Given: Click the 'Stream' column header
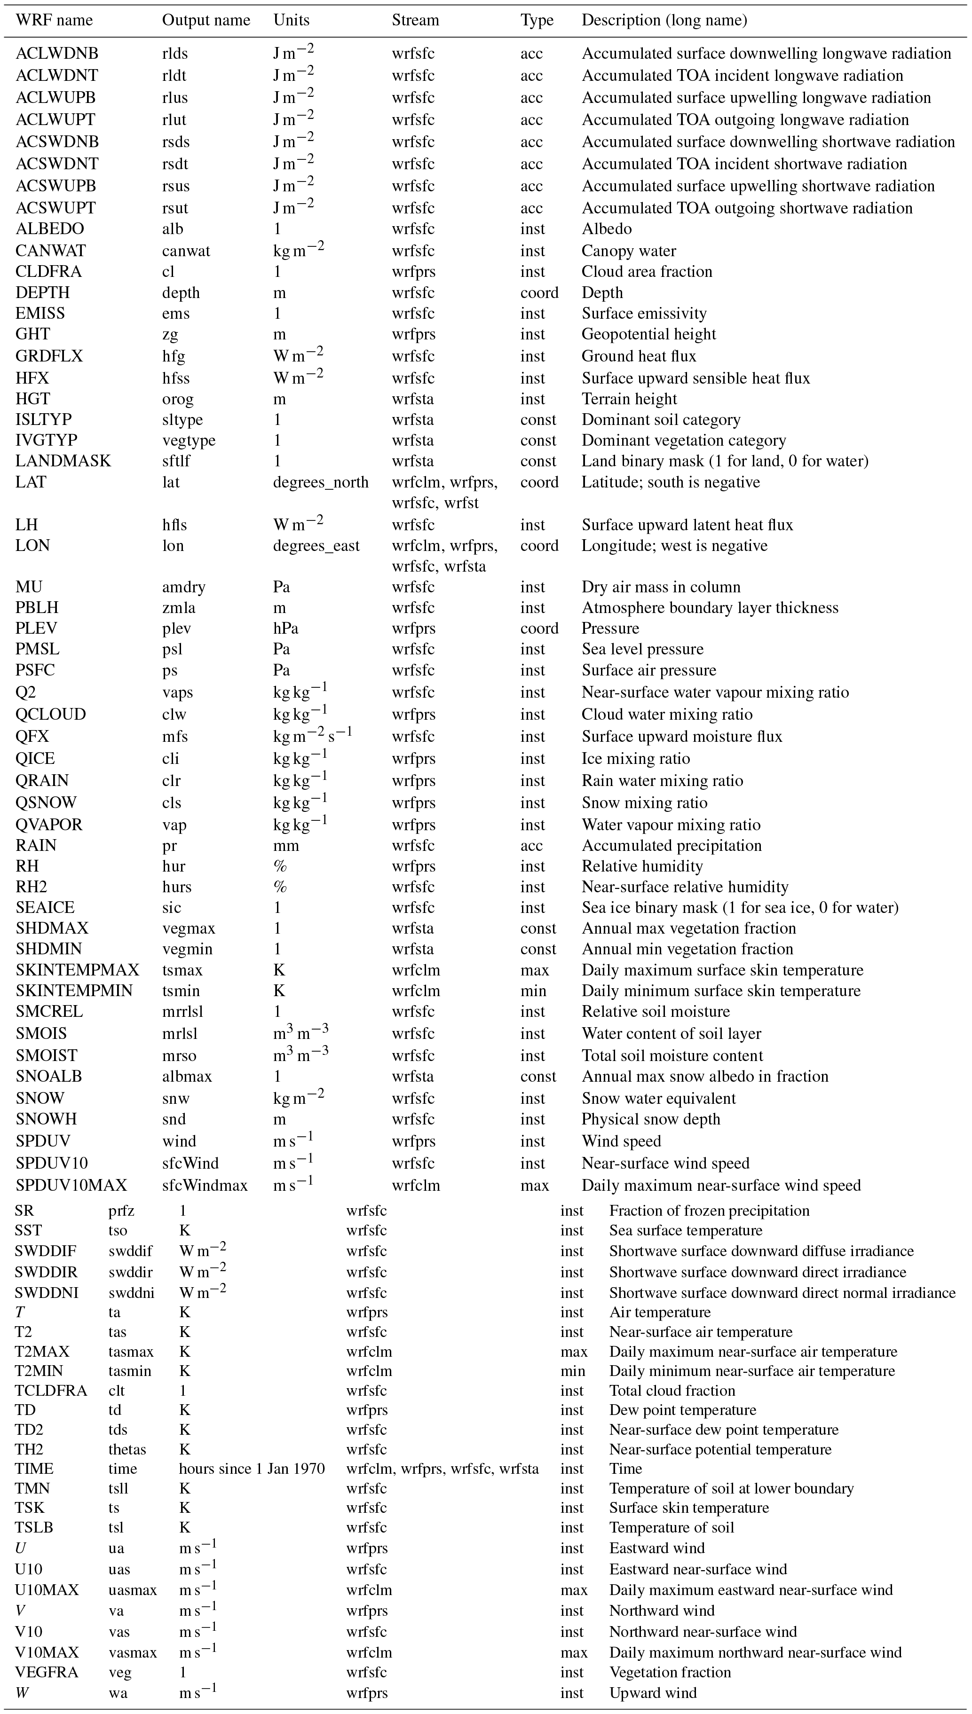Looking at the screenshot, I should (415, 20).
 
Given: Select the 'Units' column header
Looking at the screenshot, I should (291, 20).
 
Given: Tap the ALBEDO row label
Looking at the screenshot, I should (49, 229).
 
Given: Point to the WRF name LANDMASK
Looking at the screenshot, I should (63, 461).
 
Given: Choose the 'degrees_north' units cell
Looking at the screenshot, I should (320, 482).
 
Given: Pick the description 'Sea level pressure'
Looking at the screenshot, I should (642, 649).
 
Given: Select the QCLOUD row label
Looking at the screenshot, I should (51, 715).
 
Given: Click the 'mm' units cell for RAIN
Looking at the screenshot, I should (286, 846).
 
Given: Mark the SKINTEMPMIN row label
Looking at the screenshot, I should (73, 991).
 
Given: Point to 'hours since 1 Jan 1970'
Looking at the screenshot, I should (252, 1469).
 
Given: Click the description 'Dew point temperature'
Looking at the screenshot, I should (682, 1410).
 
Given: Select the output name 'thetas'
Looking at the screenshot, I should (127, 1449).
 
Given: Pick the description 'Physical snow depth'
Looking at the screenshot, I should (651, 1119).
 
